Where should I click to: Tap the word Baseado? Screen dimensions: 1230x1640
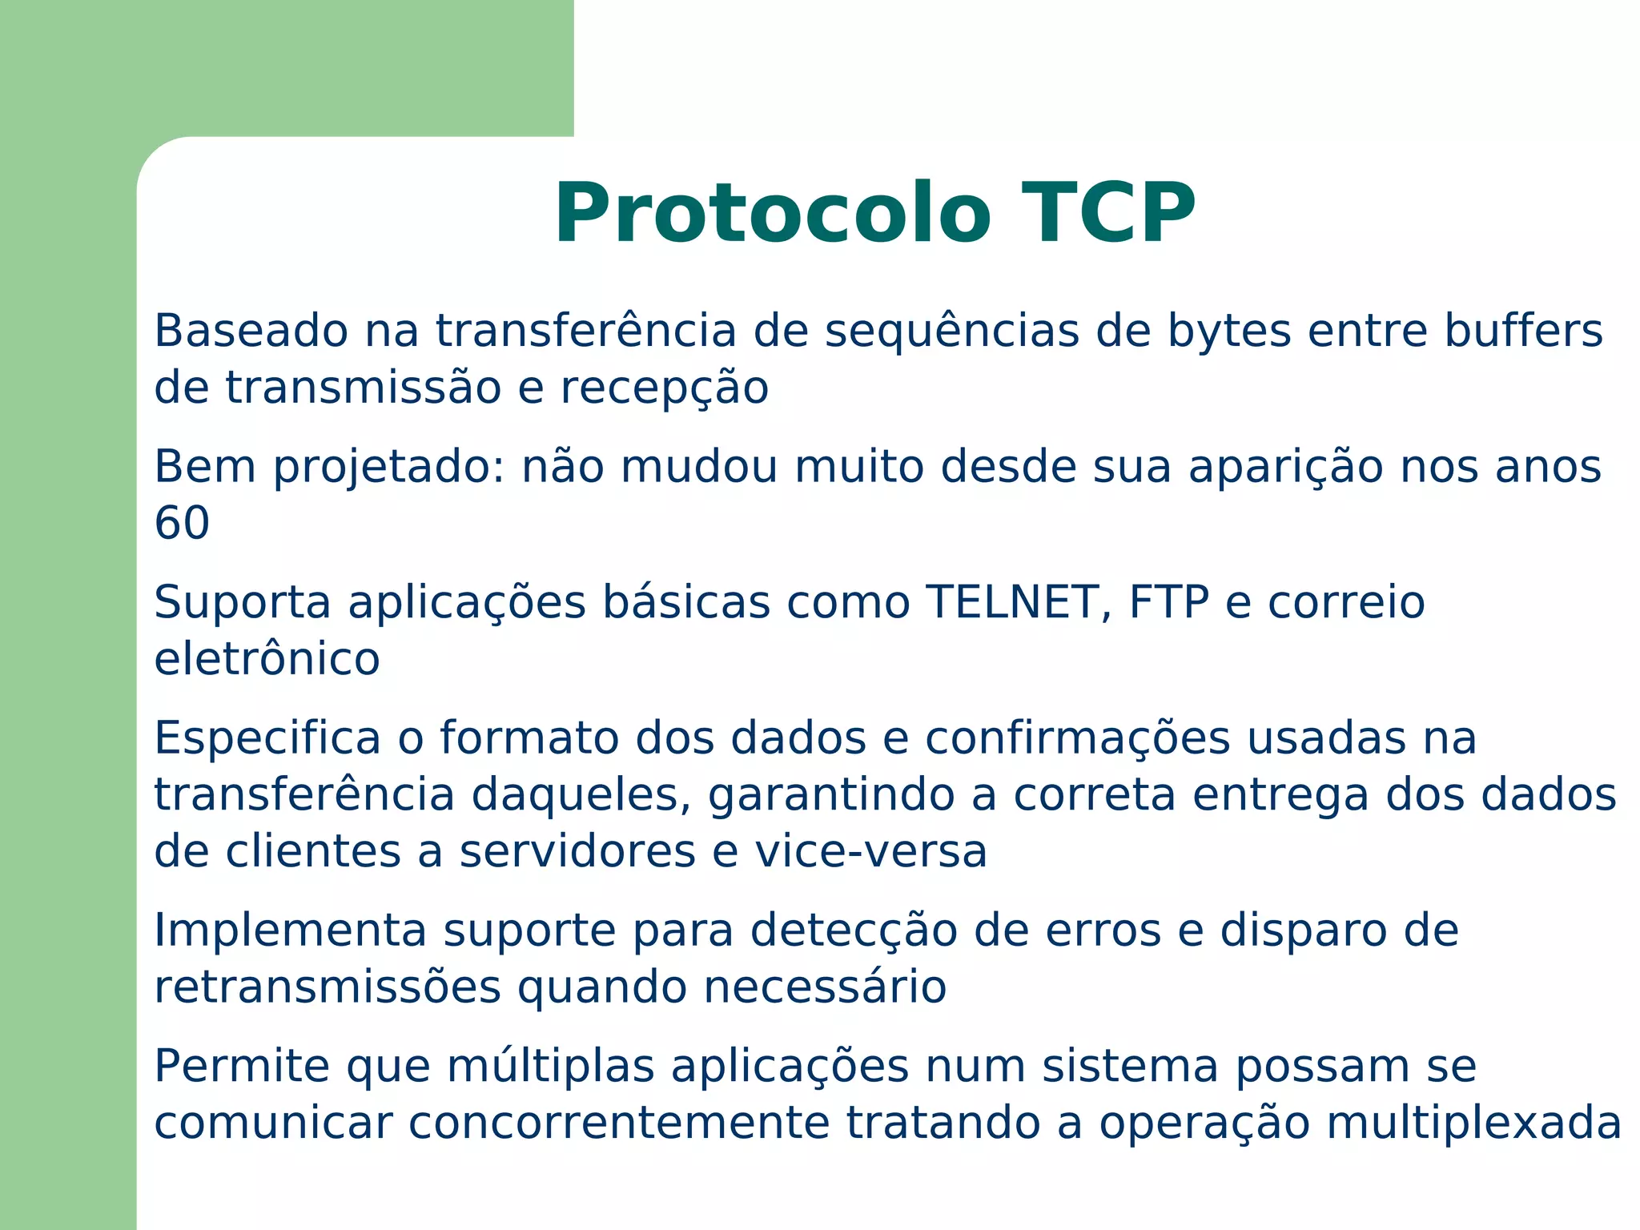[x=251, y=331]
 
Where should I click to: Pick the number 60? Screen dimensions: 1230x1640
[x=182, y=524]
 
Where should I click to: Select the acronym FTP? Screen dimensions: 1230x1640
[x=1168, y=602]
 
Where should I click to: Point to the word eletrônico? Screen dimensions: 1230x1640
[x=267, y=659]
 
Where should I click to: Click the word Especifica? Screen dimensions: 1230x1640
[x=267, y=738]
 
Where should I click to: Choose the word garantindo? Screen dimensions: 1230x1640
[x=852, y=796]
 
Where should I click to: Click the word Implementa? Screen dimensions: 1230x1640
[x=290, y=931]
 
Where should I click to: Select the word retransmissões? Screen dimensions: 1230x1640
[x=328, y=987]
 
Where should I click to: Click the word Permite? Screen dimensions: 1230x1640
[x=242, y=1067]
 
